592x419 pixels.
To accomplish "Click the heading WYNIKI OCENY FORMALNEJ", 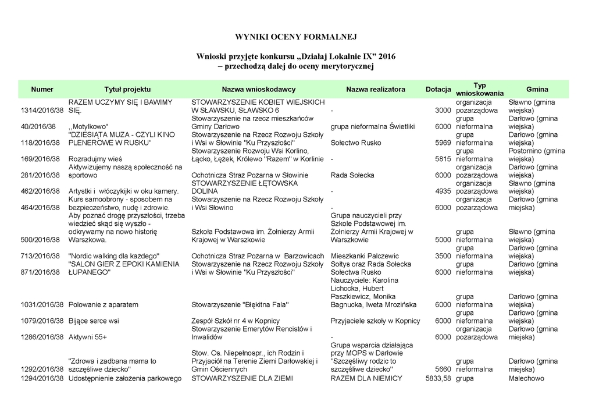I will [295, 37].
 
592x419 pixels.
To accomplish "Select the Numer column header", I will [42, 90].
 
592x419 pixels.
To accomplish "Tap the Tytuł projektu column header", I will [127, 90].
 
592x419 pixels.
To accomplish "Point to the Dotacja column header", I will [438, 90].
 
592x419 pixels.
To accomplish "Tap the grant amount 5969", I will [443, 143].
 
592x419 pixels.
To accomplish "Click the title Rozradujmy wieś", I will [95, 159].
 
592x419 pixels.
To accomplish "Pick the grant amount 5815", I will [443, 159].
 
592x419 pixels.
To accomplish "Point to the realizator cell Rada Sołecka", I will [352, 175].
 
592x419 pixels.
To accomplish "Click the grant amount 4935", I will [443, 191].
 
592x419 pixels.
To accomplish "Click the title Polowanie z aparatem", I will [104, 304].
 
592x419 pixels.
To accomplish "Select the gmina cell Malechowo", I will [526, 378].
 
